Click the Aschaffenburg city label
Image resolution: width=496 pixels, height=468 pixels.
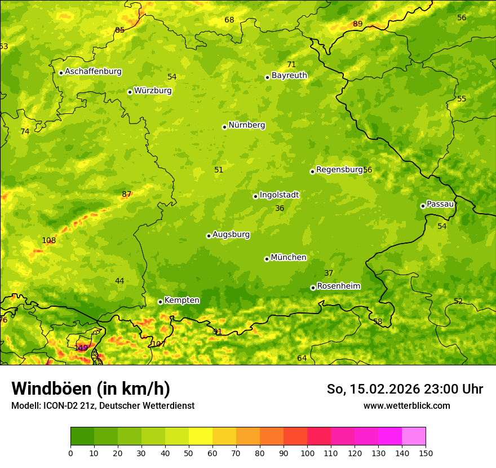(93, 72)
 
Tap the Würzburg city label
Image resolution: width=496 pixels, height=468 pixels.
(153, 91)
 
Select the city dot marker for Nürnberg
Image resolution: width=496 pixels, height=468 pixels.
(224, 127)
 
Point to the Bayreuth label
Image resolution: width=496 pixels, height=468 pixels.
(289, 76)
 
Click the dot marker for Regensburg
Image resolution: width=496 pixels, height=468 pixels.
(312, 171)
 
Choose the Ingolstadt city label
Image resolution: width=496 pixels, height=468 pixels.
(279, 195)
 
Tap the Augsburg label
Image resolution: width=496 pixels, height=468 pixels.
(231, 235)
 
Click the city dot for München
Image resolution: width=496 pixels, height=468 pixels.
(267, 259)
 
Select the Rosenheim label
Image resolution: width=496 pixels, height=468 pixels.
(338, 286)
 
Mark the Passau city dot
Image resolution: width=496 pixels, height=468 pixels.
(423, 206)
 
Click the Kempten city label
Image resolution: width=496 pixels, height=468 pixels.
(181, 301)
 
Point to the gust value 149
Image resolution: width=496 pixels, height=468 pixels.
(81, 348)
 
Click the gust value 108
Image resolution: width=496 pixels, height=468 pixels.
(49, 241)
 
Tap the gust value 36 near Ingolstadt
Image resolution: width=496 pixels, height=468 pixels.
(280, 209)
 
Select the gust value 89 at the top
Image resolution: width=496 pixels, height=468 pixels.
(358, 24)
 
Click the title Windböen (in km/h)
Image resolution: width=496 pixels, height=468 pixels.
(91, 388)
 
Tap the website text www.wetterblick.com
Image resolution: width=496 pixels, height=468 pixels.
(406, 406)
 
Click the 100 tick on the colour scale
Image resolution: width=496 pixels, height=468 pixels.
(307, 453)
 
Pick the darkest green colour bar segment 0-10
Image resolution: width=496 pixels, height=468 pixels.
(82, 436)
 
